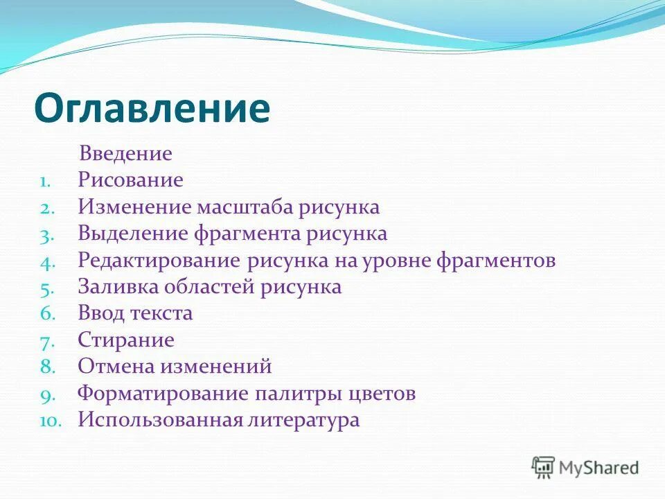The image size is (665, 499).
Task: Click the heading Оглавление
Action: (x=152, y=107)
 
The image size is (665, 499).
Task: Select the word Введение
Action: (x=125, y=153)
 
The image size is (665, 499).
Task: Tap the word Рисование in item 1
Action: (x=130, y=180)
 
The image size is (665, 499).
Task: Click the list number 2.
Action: (x=46, y=208)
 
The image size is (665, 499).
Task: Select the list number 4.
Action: (x=46, y=262)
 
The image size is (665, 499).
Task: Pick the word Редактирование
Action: (x=159, y=261)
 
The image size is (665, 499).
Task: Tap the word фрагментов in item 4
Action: (x=495, y=261)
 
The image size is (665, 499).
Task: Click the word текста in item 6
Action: (x=161, y=313)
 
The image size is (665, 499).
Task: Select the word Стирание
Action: (x=126, y=340)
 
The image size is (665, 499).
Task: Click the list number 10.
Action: (x=50, y=421)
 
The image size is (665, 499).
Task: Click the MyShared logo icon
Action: (x=543, y=467)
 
